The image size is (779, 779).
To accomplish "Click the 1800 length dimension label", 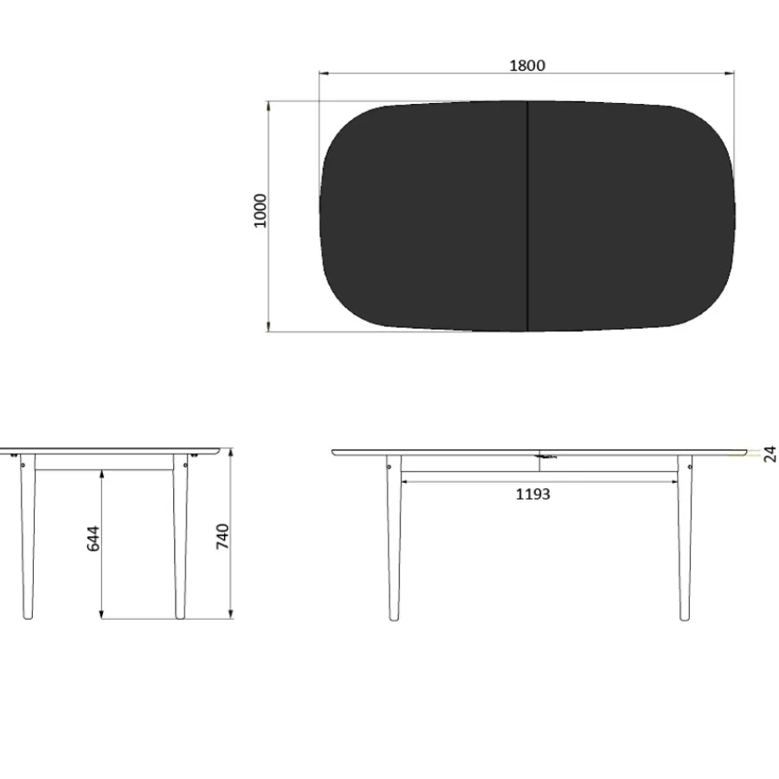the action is tap(527, 66).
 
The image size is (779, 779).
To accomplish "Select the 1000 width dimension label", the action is tap(260, 210).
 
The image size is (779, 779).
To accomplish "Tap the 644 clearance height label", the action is tap(93, 538).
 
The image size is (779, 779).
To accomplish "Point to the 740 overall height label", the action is tap(222, 537).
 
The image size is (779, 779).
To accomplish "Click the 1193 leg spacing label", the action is tap(532, 494).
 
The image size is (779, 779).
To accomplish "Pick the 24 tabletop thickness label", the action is tap(769, 454).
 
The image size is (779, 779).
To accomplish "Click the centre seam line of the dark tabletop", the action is tap(527, 216).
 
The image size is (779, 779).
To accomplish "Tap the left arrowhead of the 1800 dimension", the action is tap(324, 74).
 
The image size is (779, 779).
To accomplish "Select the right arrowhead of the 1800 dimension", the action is tap(730, 74).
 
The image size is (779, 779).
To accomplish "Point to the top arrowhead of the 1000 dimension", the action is tap(268, 106).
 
